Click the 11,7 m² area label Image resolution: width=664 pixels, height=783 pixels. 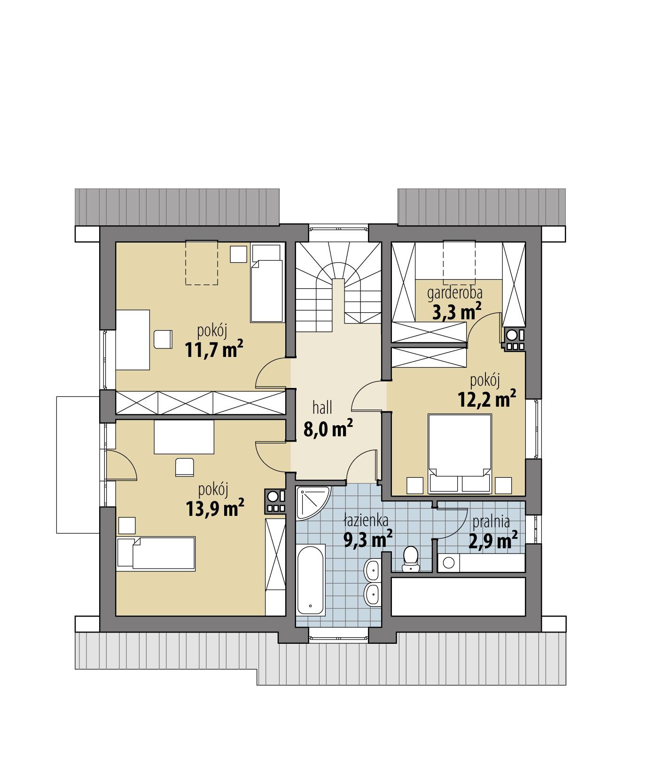pos(214,349)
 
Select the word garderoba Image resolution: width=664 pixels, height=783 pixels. pos(455,293)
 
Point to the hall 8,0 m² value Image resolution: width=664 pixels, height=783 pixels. pos(328,428)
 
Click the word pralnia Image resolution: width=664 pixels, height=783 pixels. pos(492,521)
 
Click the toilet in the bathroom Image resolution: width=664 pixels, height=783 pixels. pos(411,557)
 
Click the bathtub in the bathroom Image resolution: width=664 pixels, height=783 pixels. pos(311,579)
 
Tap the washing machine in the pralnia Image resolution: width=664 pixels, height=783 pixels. pos(448,562)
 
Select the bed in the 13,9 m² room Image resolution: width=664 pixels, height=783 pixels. pos(156,554)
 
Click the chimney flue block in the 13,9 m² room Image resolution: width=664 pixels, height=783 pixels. pos(275,501)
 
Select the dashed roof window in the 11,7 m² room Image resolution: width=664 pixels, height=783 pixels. pos(202,262)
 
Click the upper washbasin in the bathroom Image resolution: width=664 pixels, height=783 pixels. pos(372,570)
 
